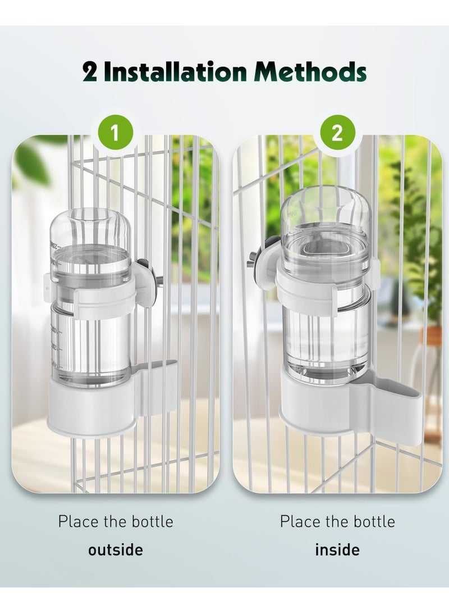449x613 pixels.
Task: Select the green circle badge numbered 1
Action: [x=115, y=134]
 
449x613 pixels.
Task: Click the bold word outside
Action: [x=115, y=549]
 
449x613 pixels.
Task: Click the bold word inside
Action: [x=337, y=549]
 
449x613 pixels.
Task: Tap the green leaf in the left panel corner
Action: [x=31, y=163]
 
